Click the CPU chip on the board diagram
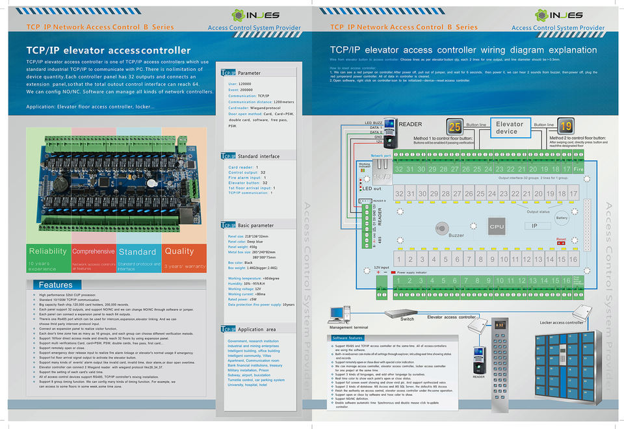click(x=497, y=227)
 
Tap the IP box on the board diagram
click(x=534, y=226)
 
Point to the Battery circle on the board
click(x=562, y=218)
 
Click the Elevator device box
click(x=509, y=127)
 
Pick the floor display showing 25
click(x=455, y=127)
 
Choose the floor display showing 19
click(x=565, y=127)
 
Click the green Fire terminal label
click(x=578, y=169)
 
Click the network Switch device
click(x=406, y=313)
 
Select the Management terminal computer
click(x=337, y=314)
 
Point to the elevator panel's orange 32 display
click(x=500, y=324)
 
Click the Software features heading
click(x=347, y=339)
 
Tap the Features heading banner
click(x=56, y=285)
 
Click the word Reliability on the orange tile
click(x=47, y=252)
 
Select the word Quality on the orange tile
click(x=179, y=251)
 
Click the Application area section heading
click(x=257, y=330)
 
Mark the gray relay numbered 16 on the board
click(x=573, y=259)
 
